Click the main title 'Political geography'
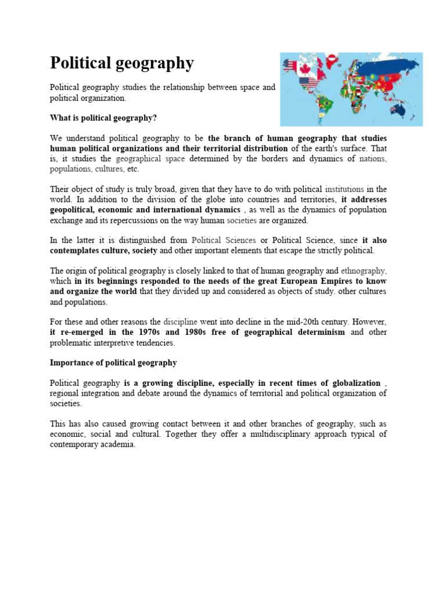122,63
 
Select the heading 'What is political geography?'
103,118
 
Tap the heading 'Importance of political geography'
113,363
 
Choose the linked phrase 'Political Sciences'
224,240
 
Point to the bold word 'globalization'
352,383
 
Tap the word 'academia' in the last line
118,445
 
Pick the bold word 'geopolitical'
73,209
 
